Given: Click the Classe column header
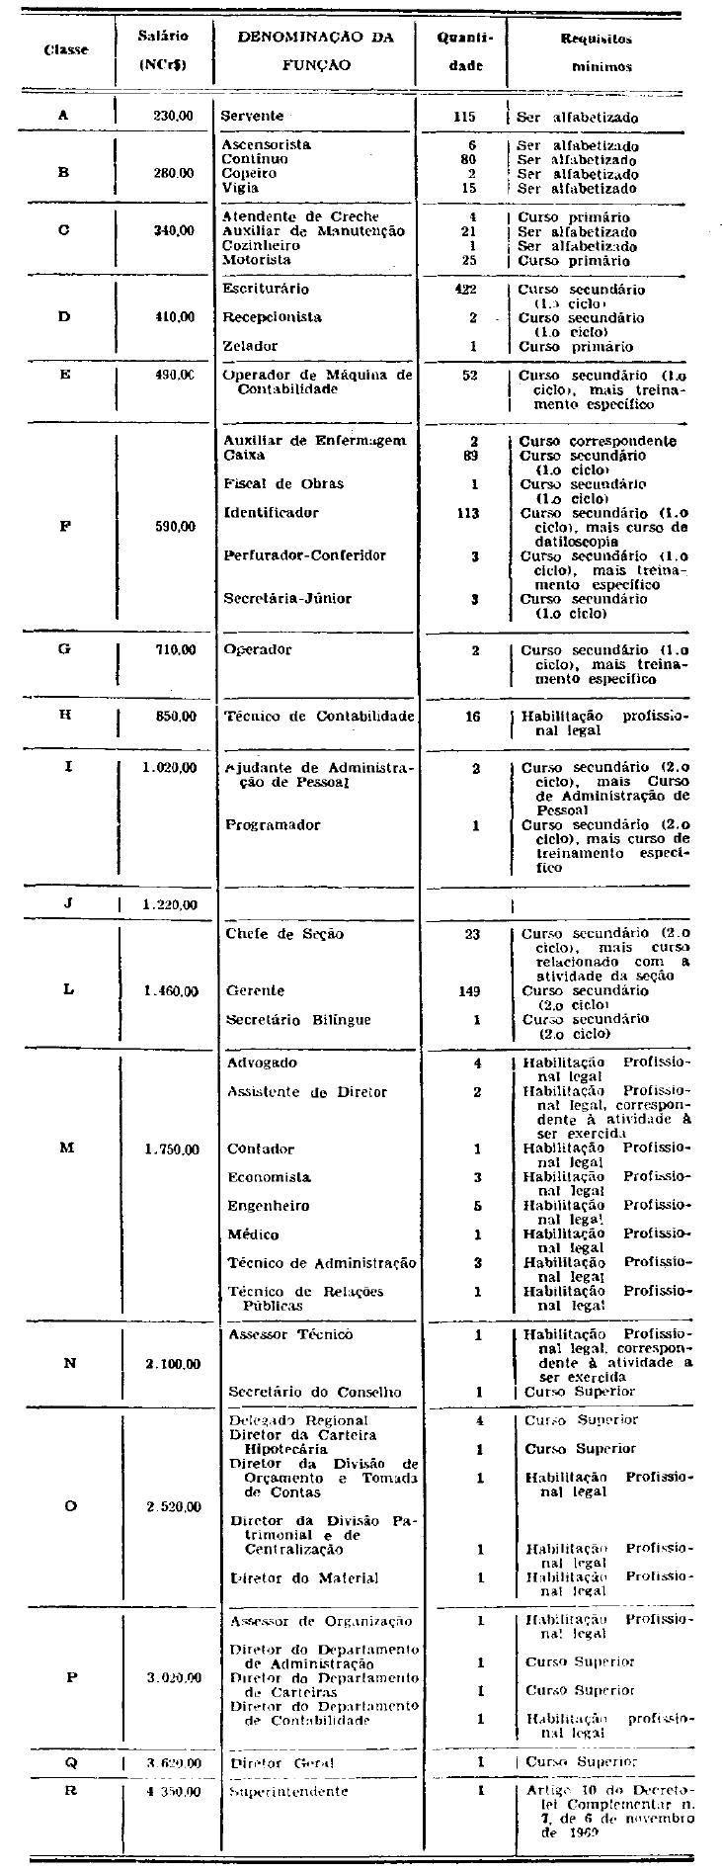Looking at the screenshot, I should (x=66, y=49).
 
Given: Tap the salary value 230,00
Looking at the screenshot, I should (x=173, y=116).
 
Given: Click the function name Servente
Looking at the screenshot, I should (x=252, y=116).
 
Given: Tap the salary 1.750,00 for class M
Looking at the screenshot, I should (x=171, y=1149).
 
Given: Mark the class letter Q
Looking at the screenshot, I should (x=70, y=1762).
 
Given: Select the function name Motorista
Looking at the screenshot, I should (x=257, y=260).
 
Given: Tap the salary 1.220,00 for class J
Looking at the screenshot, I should (x=170, y=904).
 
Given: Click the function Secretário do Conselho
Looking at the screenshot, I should (x=314, y=1392).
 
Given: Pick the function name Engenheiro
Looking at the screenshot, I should (x=269, y=1206).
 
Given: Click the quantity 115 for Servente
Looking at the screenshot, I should (x=464, y=116).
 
